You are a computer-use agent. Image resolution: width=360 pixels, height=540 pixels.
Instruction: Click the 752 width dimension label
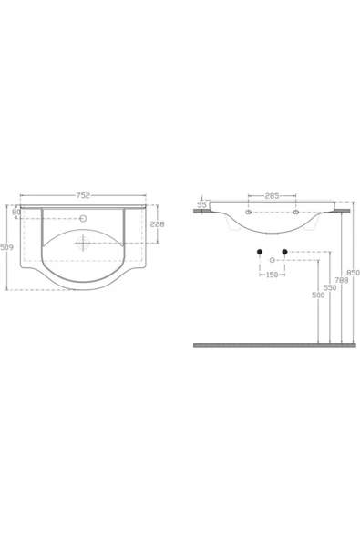click(x=83, y=194)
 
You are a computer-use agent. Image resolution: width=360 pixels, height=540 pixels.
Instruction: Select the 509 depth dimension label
click(x=7, y=246)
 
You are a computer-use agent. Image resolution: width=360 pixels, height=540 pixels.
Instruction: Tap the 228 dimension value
click(x=157, y=225)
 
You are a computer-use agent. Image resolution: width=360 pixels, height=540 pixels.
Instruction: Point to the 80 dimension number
click(x=16, y=213)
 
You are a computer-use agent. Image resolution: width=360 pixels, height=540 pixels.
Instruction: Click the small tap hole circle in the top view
click(x=83, y=218)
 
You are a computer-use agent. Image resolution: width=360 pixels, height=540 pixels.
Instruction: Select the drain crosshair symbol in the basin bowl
click(x=83, y=243)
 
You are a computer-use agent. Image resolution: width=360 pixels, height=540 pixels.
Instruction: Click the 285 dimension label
click(x=272, y=195)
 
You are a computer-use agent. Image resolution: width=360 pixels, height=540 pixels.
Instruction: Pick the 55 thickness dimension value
click(x=201, y=204)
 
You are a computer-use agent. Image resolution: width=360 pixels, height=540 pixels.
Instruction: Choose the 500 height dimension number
click(x=317, y=295)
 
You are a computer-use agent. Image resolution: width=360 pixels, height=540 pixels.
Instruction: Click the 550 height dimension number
click(x=330, y=287)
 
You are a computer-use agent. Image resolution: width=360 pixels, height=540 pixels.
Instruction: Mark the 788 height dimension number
click(x=341, y=280)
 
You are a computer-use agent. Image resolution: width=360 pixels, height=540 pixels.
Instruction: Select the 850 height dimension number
click(x=353, y=273)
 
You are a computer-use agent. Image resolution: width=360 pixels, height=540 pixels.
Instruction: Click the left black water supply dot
click(x=260, y=251)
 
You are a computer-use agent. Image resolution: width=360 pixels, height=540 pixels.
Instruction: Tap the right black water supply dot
click(x=285, y=251)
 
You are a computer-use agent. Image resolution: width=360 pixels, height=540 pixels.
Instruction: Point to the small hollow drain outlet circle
click(x=272, y=261)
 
